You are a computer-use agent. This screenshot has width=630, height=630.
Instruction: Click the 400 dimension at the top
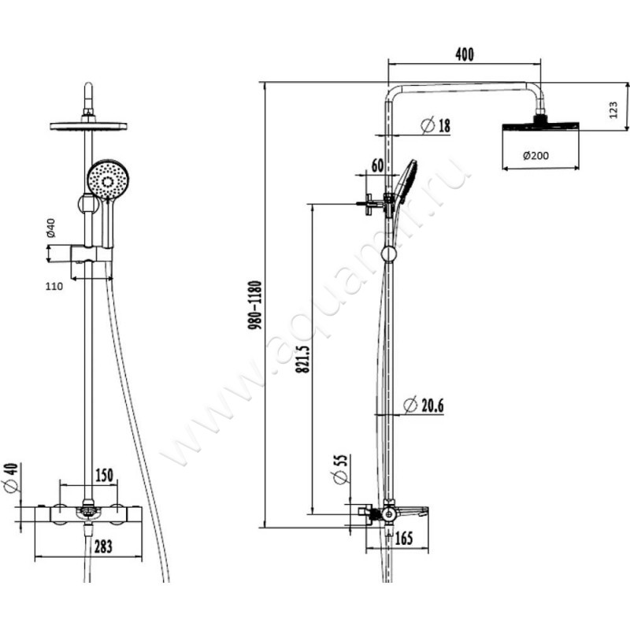(465, 54)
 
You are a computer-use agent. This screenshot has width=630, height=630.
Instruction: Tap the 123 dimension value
(613, 109)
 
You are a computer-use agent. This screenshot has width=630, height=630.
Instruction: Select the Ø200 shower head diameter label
(535, 155)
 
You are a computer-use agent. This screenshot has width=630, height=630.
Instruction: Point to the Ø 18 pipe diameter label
(435, 125)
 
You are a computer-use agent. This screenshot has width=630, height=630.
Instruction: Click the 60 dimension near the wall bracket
(378, 165)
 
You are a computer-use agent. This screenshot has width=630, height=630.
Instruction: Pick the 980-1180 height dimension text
(254, 306)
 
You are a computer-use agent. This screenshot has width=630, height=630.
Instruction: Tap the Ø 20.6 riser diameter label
(424, 406)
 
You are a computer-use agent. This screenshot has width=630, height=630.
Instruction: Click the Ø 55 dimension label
(340, 469)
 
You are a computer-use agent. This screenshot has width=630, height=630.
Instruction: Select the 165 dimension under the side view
(404, 539)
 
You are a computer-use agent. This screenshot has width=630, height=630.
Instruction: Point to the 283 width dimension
(103, 547)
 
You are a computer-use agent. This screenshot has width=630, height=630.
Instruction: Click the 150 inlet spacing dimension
(104, 476)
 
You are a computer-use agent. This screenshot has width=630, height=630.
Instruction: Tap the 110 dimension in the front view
(54, 286)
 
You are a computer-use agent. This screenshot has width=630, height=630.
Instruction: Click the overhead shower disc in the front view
(88, 126)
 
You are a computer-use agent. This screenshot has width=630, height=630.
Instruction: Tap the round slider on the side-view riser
(389, 254)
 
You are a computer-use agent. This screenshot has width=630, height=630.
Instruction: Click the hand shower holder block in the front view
(91, 255)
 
